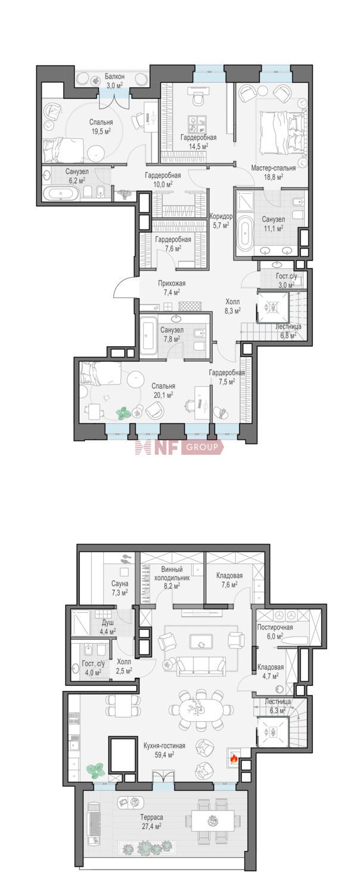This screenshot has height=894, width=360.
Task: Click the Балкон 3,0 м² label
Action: pyautogui.click(x=114, y=80)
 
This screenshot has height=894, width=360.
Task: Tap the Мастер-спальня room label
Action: pyautogui.click(x=274, y=168)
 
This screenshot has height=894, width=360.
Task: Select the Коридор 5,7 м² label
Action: pyautogui.click(x=221, y=221)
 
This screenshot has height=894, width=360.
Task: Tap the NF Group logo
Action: pyautogui.click(x=179, y=447)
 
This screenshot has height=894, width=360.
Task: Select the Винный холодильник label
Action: pyautogui.click(x=172, y=573)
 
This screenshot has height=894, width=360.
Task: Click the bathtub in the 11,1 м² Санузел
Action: pyautogui.click(x=244, y=232)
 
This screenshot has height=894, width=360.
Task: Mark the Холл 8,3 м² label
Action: pyautogui.click(x=232, y=305)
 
